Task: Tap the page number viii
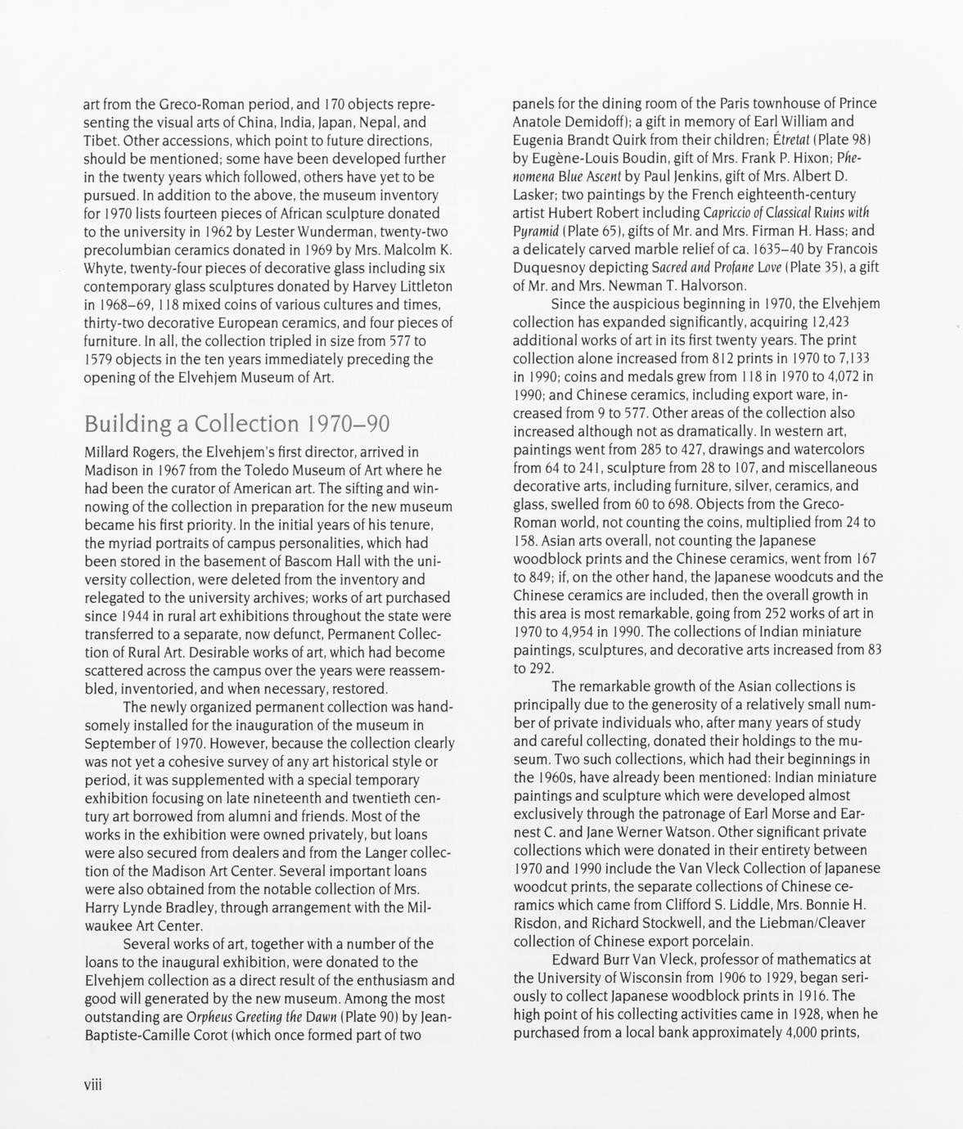92,1085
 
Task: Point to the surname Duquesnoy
550,268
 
